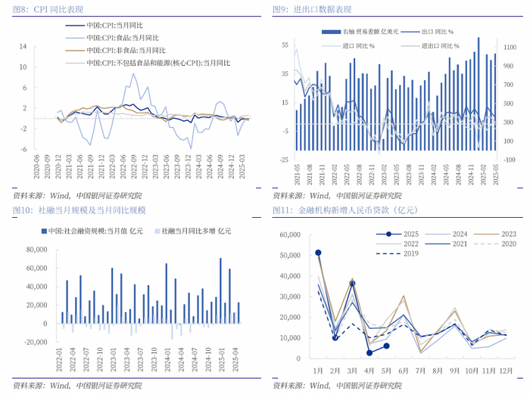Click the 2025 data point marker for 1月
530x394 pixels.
coord(318,253)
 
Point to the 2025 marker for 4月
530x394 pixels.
coord(369,352)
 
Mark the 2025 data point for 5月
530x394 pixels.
coord(386,346)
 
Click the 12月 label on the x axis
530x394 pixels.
coord(507,372)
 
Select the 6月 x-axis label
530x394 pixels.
coord(404,372)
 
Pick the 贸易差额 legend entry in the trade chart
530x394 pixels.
coord(358,31)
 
